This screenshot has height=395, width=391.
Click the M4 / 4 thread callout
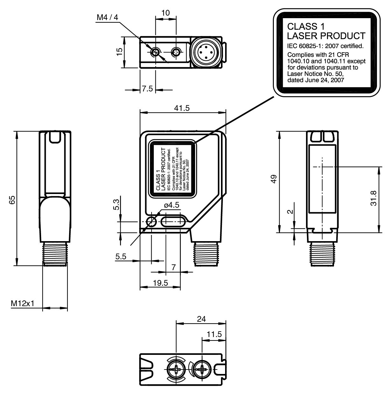pos(107,17)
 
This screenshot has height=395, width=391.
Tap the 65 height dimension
pos(12,200)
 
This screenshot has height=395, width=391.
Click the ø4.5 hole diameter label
pos(172,205)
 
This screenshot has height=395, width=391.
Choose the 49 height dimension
pos(273,179)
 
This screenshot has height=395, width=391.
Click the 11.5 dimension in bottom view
pos(214,334)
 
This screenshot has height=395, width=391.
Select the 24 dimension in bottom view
pos(201,319)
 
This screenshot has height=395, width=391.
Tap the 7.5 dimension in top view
pos(147,89)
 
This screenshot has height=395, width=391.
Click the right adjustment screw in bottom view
pos(202,370)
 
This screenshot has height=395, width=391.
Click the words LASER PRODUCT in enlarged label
pos(326,35)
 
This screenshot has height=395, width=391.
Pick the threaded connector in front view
pos(207,253)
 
